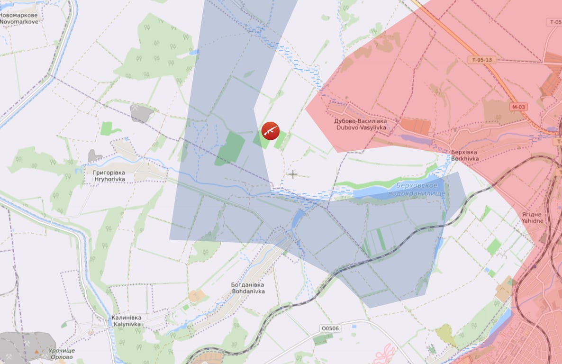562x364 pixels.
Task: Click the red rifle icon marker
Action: [270, 131]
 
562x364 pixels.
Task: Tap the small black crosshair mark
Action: [293, 174]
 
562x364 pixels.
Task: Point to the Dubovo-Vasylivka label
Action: [361, 124]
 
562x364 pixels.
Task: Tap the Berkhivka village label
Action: [464, 155]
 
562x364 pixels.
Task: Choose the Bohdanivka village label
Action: [248, 288]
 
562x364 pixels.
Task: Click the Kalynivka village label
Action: [127, 321]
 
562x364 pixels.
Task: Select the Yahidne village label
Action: [532, 218]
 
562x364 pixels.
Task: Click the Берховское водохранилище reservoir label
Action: [416, 190]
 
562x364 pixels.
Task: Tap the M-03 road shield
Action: [519, 107]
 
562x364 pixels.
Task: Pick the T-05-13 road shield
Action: [482, 60]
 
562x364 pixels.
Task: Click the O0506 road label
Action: [330, 328]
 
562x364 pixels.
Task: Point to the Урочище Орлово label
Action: [61, 354]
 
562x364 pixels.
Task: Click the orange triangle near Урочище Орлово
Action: [36, 352]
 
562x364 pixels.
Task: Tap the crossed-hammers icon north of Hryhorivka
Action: [136, 109]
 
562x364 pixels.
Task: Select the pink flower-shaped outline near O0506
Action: [384, 354]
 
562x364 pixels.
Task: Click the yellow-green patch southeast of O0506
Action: [445, 334]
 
